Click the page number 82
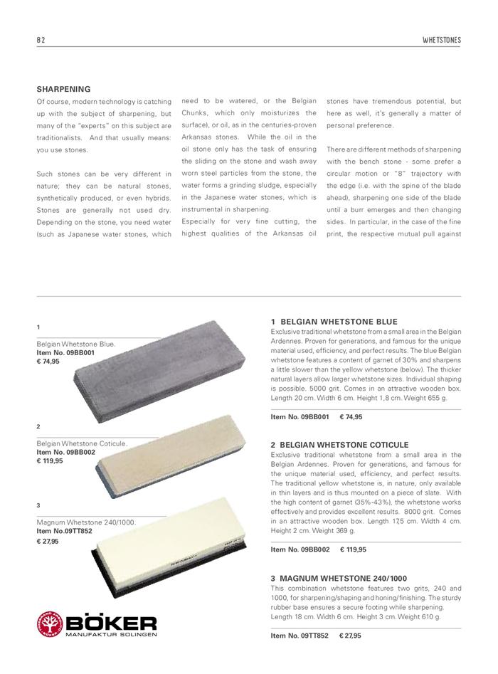(41, 41)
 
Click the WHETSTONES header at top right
(441, 41)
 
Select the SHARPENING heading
(63, 90)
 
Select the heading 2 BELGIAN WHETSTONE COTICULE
(340, 445)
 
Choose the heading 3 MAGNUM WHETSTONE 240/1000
(340, 578)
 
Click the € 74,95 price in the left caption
(48, 362)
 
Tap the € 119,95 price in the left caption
(50, 461)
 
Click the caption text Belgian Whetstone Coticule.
(81, 443)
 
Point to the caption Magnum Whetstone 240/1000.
(86, 522)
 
